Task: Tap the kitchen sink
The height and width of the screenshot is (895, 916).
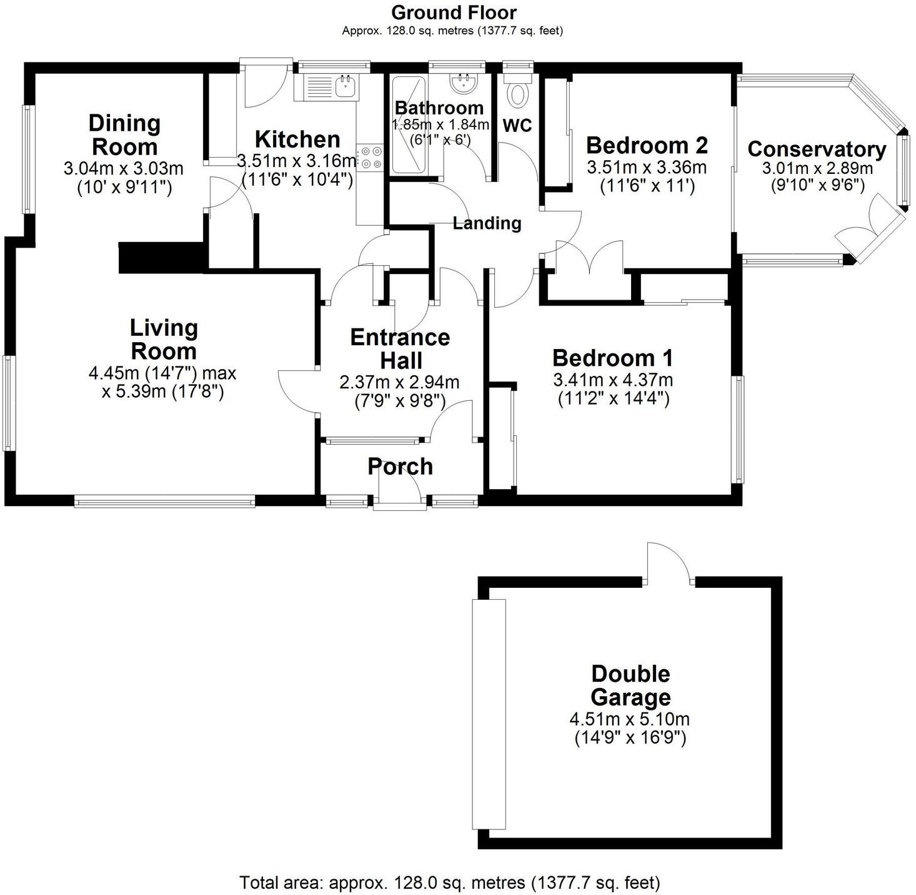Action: coord(329,86)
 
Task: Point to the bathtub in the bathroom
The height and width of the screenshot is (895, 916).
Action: coord(408,125)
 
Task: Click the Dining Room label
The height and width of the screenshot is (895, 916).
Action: coord(124,135)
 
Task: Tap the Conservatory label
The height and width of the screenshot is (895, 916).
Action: coord(817,149)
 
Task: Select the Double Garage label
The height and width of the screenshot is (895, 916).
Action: coord(630,685)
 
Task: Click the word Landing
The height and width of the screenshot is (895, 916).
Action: coord(487,223)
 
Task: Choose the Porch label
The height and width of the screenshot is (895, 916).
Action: coord(400,467)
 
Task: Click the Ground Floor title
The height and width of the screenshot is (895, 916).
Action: coord(454,12)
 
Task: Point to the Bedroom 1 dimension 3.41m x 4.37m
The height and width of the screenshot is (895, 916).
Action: coord(613,380)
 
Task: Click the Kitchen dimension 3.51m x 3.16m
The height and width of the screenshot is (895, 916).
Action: coord(297,161)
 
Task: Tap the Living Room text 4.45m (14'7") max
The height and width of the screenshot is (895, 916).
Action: coord(162,373)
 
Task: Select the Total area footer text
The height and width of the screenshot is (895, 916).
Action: coord(450,882)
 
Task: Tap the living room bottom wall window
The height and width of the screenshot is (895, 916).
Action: coord(164,500)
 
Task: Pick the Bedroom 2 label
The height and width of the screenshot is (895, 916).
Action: coord(647,145)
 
